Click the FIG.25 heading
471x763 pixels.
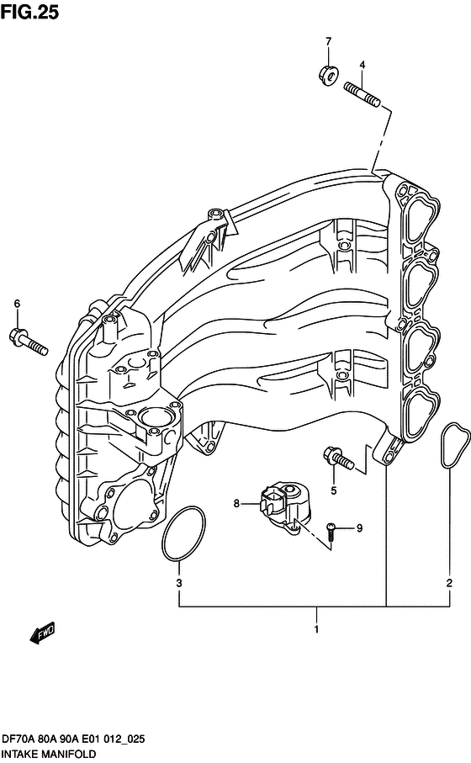pyautogui.click(x=29, y=12)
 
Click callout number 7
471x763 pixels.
pyautogui.click(x=328, y=41)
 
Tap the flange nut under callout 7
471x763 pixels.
pyautogui.click(x=329, y=75)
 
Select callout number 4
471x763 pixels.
pyautogui.click(x=362, y=65)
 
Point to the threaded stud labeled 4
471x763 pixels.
pyautogui.click(x=363, y=94)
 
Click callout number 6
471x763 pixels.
pyautogui.click(x=17, y=304)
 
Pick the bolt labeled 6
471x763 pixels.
pyautogui.click(x=29, y=341)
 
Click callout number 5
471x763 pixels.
pyautogui.click(x=334, y=490)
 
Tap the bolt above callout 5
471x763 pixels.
pyautogui.click(x=339, y=458)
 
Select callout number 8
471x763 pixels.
pyautogui.click(x=236, y=503)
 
